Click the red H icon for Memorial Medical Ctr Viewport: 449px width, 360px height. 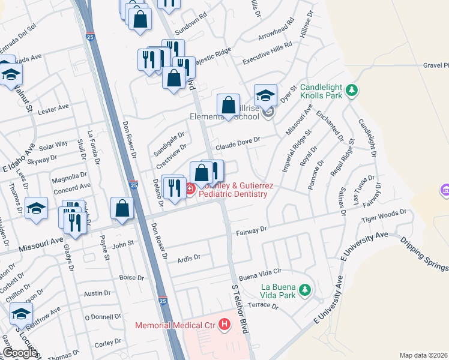tap(224, 325)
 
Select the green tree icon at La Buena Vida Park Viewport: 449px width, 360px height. tap(306, 290)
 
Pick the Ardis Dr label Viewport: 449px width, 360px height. tap(188, 257)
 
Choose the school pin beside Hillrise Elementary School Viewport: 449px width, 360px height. tap(265, 95)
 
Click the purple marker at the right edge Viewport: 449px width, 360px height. tap(445, 192)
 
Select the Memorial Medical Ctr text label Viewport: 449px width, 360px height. tap(175, 326)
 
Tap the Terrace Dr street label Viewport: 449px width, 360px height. tap(264, 305)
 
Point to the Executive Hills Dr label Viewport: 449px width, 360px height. tap(267, 54)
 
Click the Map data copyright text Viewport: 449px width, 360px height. tap(423, 355)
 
